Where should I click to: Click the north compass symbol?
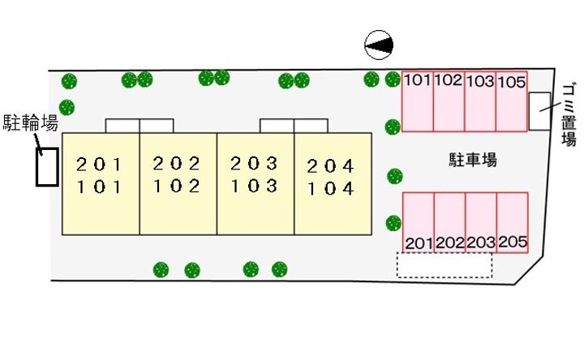(380, 45)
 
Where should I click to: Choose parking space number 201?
(419, 222)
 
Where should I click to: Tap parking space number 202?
(449, 222)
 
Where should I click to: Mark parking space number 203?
(481, 222)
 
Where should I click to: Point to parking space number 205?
(513, 222)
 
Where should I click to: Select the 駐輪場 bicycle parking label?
(30, 123)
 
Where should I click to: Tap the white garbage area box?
(539, 111)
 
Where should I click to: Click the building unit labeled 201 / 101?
(101, 183)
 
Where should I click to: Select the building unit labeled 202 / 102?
(178, 183)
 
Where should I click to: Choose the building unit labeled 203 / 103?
(255, 183)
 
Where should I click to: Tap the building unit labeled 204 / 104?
(331, 183)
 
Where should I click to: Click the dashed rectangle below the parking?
(444, 265)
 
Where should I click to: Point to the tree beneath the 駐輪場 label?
(67, 106)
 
